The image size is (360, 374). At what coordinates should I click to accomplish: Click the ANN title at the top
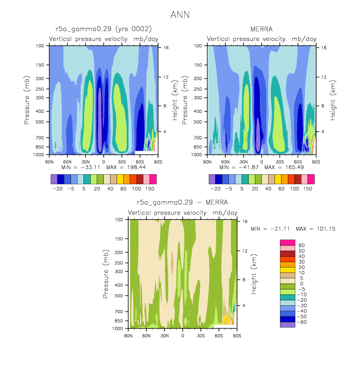pyautogui.click(x=180, y=15)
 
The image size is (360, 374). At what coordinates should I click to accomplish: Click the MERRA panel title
pyautogui.click(x=261, y=29)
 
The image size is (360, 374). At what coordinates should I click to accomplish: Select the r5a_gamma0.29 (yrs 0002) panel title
pyautogui.click(x=103, y=29)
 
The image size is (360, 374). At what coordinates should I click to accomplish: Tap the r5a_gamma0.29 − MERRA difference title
pyautogui.click(x=182, y=203)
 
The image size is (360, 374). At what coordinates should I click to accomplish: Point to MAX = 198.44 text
pyautogui.click(x=126, y=167)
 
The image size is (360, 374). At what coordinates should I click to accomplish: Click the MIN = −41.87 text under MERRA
pyautogui.click(x=239, y=167)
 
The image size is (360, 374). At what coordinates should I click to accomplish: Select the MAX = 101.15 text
pyautogui.click(x=315, y=229)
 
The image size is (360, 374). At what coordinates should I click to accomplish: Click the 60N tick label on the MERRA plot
pyautogui.click(x=225, y=162)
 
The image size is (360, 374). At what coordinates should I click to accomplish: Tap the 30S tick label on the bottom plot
pyautogui.click(x=201, y=336)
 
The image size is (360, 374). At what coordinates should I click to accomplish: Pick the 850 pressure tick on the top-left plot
pyautogui.click(x=40, y=147)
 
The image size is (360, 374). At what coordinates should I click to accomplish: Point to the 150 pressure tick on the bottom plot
pyautogui.click(x=119, y=239)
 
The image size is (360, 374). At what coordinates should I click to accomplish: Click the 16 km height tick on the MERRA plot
pyautogui.click(x=324, y=48)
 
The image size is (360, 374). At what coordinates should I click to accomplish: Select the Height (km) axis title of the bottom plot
pyautogui.click(x=254, y=274)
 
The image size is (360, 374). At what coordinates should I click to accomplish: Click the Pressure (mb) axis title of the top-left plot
pyautogui.click(x=27, y=100)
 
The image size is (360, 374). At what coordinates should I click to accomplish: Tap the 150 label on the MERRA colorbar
pyautogui.click(x=308, y=188)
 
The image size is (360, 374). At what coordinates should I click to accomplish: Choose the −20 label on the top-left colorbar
pyautogui.click(x=57, y=188)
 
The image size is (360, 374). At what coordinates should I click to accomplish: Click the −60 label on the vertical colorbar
pyautogui.click(x=302, y=322)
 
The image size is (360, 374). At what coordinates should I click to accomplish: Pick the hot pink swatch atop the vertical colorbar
pyautogui.click(x=287, y=242)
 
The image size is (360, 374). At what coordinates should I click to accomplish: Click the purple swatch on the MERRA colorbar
pyautogui.click(x=212, y=179)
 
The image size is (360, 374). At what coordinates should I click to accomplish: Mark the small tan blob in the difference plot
pyautogui.click(x=172, y=263)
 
